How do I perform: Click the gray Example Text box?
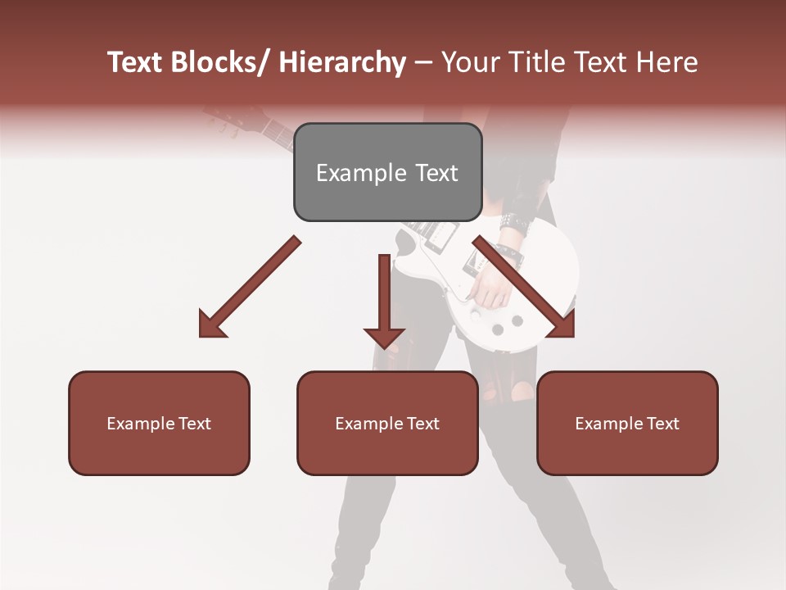387,172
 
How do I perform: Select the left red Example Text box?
159,423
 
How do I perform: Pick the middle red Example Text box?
387,423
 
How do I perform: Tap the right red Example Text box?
627,423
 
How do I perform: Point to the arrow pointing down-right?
524,287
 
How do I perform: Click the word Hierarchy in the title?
342,62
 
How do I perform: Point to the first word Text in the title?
135,62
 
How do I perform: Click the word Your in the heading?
470,62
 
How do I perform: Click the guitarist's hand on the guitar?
489,287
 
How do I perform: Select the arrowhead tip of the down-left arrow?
205,332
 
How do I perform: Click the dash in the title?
423,62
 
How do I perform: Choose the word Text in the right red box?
662,423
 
